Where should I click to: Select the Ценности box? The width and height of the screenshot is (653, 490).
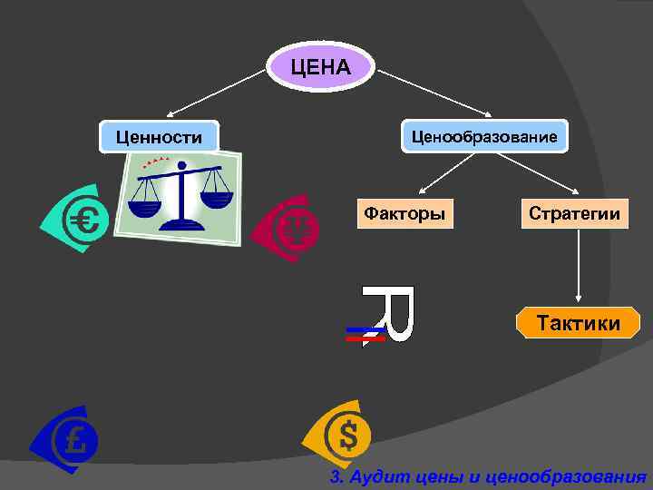160,137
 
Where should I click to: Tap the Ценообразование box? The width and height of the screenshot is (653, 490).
483,136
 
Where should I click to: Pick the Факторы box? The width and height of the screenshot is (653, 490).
404,213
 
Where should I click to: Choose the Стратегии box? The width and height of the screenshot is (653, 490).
575,213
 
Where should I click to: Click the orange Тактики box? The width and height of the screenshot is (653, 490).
578,323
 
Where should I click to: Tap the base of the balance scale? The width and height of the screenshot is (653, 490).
181,221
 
